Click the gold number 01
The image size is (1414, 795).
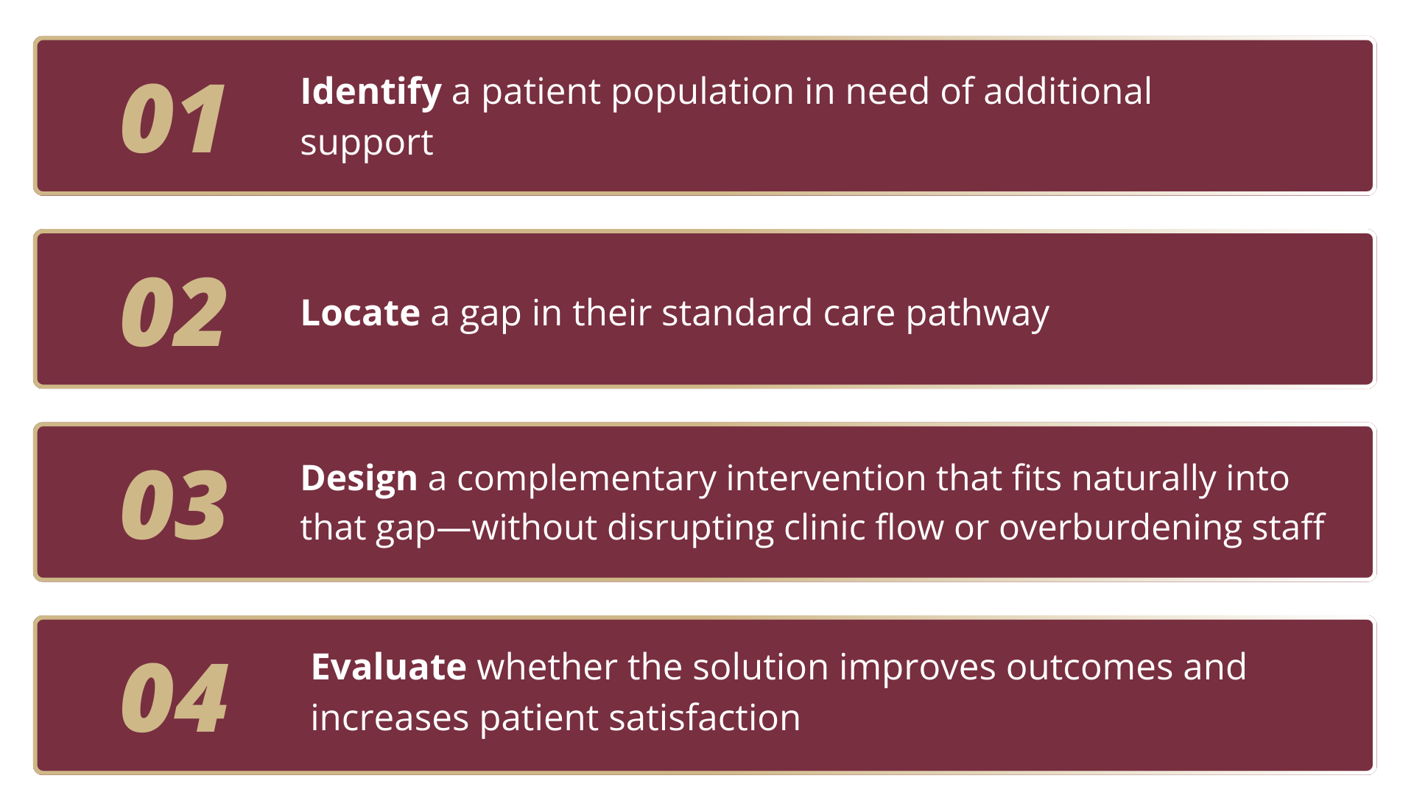point(173,119)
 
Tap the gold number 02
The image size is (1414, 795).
point(174,312)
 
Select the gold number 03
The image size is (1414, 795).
point(174,505)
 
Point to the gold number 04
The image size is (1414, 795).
point(175,697)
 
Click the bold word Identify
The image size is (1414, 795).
point(371,93)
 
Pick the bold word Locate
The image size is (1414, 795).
point(360,313)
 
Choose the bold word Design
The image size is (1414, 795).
point(359,480)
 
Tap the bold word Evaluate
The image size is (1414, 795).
point(389,667)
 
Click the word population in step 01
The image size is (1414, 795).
point(703,93)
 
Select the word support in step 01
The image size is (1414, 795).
point(367,144)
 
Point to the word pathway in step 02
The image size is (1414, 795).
point(977,315)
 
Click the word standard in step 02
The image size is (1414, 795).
point(737,313)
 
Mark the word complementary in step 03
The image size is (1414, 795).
point(586,480)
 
